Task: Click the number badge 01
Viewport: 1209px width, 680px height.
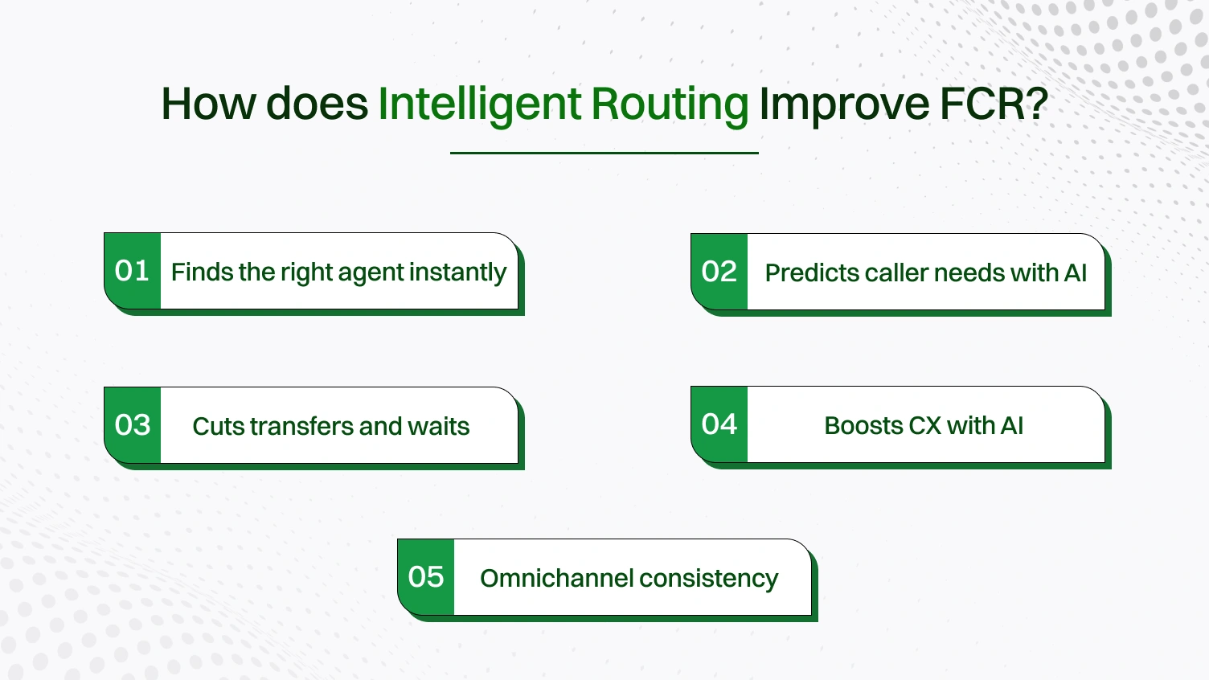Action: tap(133, 271)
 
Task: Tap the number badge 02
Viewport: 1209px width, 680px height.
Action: tap(719, 272)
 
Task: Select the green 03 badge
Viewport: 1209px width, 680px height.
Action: tap(133, 425)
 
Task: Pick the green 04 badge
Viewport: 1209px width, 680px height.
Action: tap(719, 424)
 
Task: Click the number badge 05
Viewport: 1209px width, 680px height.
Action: tap(426, 577)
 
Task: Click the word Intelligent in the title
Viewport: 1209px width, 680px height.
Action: tap(479, 104)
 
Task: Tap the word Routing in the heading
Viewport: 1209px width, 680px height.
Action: tap(670, 104)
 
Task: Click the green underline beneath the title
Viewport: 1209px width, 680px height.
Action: tap(604, 153)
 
